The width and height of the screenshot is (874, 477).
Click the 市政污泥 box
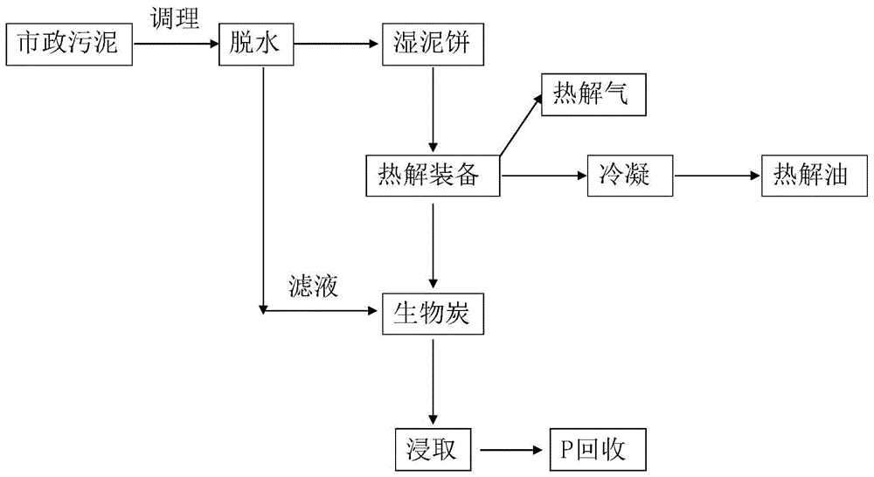point(69,44)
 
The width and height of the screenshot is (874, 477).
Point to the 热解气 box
point(593,94)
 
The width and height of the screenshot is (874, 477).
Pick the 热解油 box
point(811,176)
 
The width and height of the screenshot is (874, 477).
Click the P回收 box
point(598,451)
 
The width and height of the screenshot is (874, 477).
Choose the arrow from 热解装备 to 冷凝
point(542,176)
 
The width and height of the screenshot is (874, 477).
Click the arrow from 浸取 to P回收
point(512,451)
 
